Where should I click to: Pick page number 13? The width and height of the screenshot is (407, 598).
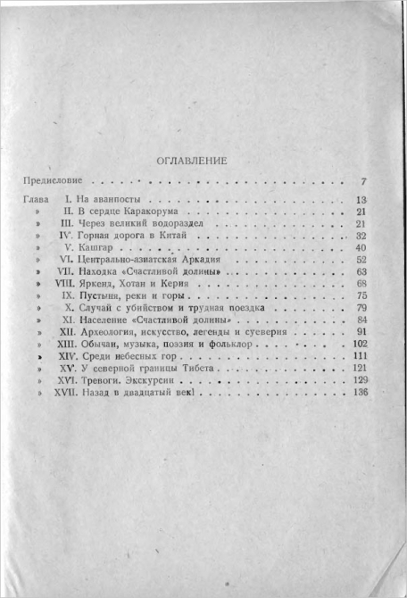tap(361, 199)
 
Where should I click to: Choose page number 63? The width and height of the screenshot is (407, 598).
tap(361, 271)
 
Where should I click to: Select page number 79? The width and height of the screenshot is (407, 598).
tap(361, 308)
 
